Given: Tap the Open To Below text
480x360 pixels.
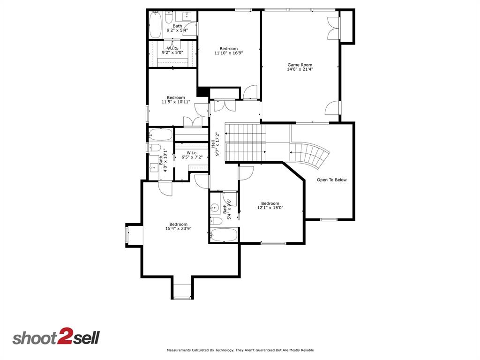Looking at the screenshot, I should (x=332, y=180).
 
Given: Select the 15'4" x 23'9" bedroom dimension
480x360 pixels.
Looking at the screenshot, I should (x=179, y=229).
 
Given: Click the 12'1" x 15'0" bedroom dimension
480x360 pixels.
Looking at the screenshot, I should (x=270, y=208).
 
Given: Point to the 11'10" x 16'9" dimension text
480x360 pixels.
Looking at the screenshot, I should (x=229, y=53).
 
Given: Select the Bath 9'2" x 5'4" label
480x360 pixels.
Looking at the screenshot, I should (x=177, y=28).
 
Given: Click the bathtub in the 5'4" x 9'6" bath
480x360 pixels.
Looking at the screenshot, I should (x=224, y=234).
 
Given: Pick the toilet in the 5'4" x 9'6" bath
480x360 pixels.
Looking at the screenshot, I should (x=217, y=221).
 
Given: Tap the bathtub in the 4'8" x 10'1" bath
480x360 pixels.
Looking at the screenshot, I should (x=160, y=135).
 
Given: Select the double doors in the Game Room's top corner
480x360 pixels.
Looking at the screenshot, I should (x=333, y=27).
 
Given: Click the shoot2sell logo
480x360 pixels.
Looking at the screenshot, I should (x=56, y=337).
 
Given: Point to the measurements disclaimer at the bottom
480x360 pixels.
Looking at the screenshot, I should (x=240, y=350).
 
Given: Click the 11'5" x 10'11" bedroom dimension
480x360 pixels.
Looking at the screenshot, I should (x=176, y=102).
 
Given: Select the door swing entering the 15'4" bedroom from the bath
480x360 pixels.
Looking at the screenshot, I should (x=165, y=188).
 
